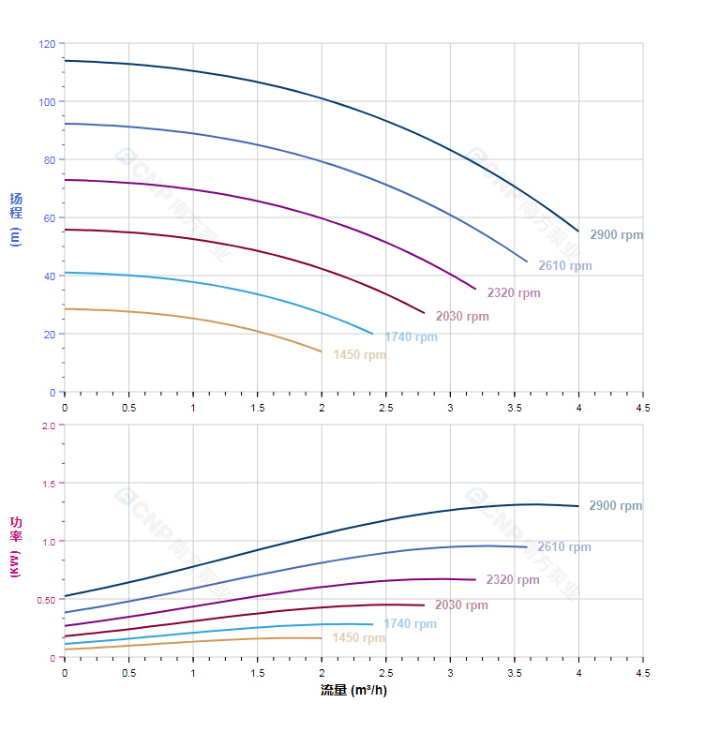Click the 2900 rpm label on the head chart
(616, 235)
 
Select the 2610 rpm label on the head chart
(564, 266)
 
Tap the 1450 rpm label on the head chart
(359, 355)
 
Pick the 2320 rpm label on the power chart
(513, 580)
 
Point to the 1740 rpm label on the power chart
(410, 624)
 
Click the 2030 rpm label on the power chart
(461, 605)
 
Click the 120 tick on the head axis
(46, 44)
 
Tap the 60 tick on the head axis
(49, 218)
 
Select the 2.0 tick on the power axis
(48, 426)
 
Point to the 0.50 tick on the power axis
(46, 600)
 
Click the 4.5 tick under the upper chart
(643, 408)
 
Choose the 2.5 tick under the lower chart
(386, 673)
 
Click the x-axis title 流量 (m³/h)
(353, 692)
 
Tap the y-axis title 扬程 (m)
(15, 218)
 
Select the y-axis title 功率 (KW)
(15, 546)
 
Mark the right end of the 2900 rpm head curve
(578, 231)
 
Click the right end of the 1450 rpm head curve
(322, 351)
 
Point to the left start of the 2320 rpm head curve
(65, 180)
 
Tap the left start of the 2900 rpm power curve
(65, 596)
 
